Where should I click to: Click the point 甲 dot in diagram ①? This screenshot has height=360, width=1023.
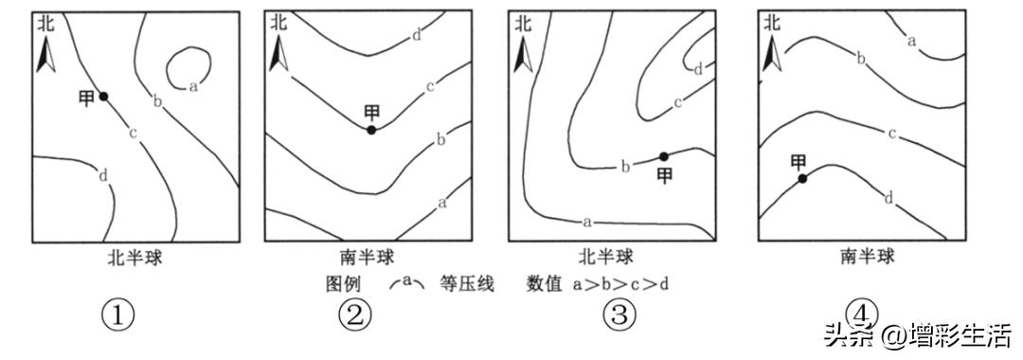(103, 96)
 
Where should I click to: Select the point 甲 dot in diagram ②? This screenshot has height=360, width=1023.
(371, 130)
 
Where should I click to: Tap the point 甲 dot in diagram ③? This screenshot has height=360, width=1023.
(664, 156)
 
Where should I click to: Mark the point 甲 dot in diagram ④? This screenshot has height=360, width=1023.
(802, 178)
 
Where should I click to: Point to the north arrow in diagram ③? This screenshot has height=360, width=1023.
(520, 57)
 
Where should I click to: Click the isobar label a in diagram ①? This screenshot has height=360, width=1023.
(193, 86)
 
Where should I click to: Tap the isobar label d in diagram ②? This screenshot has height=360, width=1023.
(417, 36)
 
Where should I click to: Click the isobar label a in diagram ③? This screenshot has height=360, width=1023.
(587, 222)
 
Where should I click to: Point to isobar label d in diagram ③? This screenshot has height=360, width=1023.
(698, 68)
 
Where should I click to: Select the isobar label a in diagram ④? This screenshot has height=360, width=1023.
(911, 41)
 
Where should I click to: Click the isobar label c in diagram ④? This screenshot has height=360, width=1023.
(892, 133)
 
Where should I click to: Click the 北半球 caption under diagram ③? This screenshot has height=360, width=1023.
(606, 257)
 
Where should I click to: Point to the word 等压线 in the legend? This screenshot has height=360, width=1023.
(467, 282)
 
